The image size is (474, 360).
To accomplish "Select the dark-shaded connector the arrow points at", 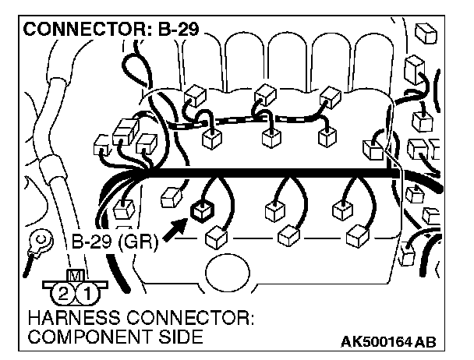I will click(202, 209).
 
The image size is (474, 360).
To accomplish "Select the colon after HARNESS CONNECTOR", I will click(256, 321).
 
